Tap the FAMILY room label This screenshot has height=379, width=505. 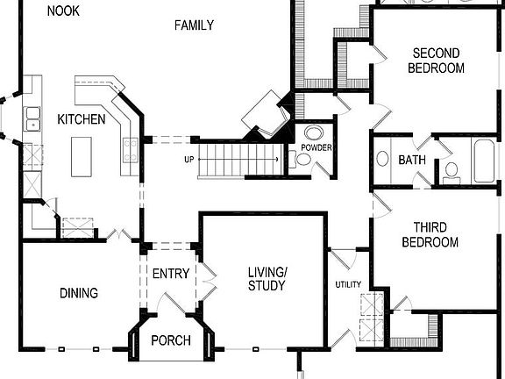click(x=194, y=25)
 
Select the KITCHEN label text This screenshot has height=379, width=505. click(x=82, y=119)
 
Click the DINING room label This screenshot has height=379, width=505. click(x=79, y=293)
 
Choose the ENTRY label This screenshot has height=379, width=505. click(x=170, y=274)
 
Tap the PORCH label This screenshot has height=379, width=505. click(x=170, y=340)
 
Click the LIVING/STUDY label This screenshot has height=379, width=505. click(x=267, y=279)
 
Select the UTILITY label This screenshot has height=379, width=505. click(x=348, y=285)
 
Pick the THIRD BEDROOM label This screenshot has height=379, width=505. click(x=430, y=234)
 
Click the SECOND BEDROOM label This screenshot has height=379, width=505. click(x=437, y=61)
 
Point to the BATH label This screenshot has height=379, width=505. click(x=412, y=161)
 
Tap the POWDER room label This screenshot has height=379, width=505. click(x=316, y=147)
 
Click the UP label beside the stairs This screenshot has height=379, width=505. click(x=188, y=160)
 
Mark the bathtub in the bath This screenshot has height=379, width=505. click(x=485, y=160)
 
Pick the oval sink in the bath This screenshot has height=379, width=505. click(x=382, y=160)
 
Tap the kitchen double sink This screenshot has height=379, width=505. click(x=32, y=112)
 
